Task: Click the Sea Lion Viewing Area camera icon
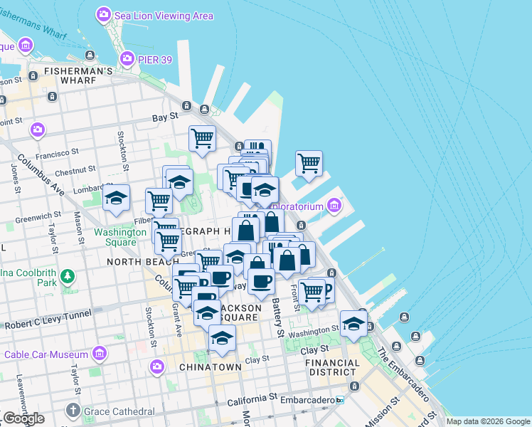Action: (x=105, y=14)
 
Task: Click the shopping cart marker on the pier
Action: (x=309, y=163)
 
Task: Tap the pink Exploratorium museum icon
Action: (x=334, y=206)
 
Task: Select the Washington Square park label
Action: (x=115, y=237)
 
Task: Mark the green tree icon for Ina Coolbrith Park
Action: (x=67, y=275)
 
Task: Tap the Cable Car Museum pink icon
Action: (x=100, y=354)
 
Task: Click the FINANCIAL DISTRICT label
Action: (x=332, y=367)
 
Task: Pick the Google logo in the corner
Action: (x=23, y=418)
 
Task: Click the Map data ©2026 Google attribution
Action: (x=488, y=421)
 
